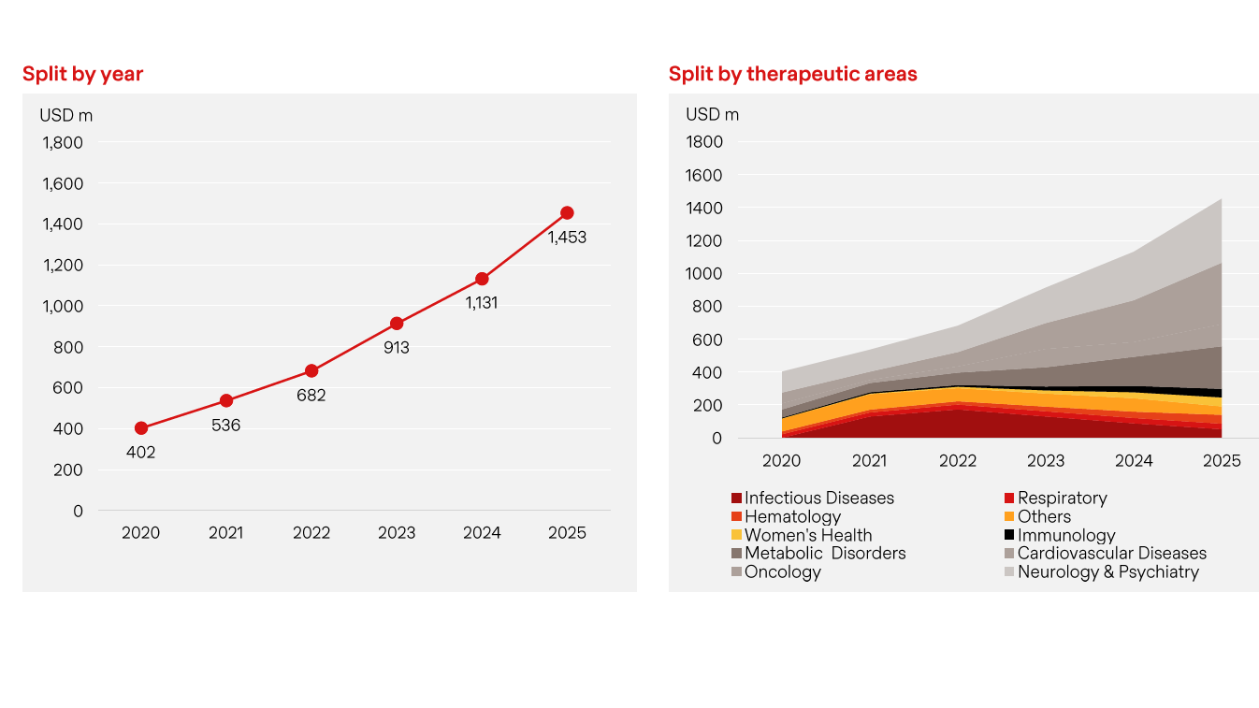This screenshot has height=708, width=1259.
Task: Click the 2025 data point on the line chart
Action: point(567,213)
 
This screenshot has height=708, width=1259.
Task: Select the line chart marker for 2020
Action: point(141,428)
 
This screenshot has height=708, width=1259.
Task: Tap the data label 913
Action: point(397,348)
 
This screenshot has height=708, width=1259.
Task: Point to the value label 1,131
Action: point(482,303)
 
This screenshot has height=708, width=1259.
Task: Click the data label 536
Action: point(226,426)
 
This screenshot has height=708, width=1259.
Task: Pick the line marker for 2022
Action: point(311,371)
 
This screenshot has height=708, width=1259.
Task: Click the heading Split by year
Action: point(82,74)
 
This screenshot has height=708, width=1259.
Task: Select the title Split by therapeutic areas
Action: point(792,74)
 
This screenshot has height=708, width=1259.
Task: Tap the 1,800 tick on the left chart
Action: point(63,143)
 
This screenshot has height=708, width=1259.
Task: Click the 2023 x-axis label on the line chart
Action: point(397,533)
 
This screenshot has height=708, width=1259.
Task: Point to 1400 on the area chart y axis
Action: point(704,208)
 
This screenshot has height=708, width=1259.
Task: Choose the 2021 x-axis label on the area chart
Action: point(870,461)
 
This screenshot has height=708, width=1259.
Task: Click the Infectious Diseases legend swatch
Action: point(737,498)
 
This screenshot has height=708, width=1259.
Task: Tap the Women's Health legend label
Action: point(808,535)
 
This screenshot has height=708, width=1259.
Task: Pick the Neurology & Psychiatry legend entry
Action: point(1107,571)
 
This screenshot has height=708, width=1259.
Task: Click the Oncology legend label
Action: point(782,571)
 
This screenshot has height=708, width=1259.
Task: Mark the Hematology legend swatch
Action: point(737,517)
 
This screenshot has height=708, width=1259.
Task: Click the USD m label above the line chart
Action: point(65,116)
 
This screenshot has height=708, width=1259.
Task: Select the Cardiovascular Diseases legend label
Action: point(1111,553)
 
